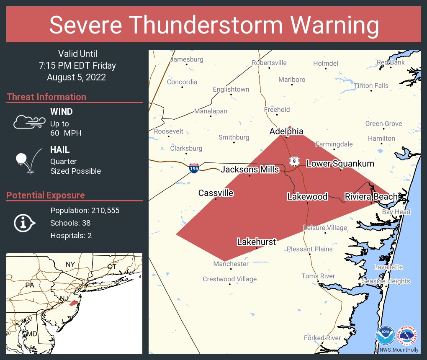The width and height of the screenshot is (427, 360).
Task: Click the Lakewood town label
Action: tap(307, 196)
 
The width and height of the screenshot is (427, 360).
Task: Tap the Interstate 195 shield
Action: tap(194, 168)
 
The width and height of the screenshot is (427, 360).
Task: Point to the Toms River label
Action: tap(318, 276)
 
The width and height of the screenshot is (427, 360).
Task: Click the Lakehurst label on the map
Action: tap(256, 242)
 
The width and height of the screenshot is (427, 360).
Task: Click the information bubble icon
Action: tap(24, 223)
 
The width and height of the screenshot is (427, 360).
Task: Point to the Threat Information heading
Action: tap(46, 97)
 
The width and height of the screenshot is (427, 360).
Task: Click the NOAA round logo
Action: tap(385, 336)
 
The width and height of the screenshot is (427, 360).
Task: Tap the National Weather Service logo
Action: tap(407, 336)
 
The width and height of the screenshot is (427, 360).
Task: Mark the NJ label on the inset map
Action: tap(63, 298)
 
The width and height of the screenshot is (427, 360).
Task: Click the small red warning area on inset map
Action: tap(74, 303)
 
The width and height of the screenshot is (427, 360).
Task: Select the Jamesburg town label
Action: tap(186, 59)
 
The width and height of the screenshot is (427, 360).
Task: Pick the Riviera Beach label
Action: tap(370, 196)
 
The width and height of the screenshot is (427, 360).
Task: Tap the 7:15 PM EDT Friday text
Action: tap(77, 66)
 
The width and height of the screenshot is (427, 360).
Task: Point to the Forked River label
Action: tap(320, 338)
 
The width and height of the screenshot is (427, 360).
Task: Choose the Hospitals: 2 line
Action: tap(71, 235)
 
